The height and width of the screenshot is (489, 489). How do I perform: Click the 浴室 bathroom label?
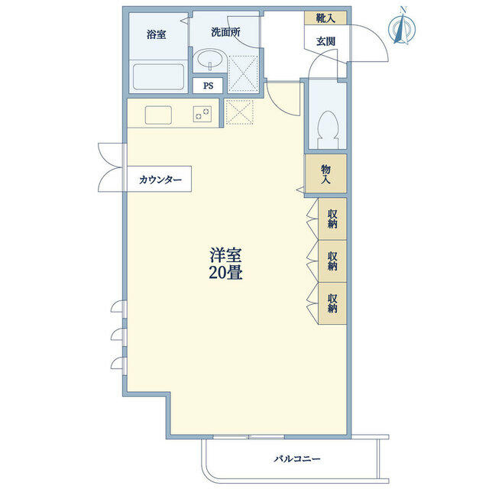pyautogui.click(x=156, y=34)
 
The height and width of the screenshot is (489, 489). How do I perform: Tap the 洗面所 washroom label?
pyautogui.click(x=225, y=32)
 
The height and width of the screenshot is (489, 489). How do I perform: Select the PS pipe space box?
pyautogui.click(x=208, y=86)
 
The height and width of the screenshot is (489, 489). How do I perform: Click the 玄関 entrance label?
pyautogui.click(x=326, y=41)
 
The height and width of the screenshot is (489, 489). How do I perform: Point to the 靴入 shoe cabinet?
pyautogui.click(x=325, y=18)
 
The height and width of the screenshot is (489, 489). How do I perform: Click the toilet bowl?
pyautogui.click(x=328, y=129)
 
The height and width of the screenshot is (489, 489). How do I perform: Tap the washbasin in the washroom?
pyautogui.click(x=209, y=60)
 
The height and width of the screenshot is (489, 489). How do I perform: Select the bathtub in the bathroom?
pyautogui.click(x=158, y=76)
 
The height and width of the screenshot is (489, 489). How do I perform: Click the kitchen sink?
pyautogui.click(x=158, y=115)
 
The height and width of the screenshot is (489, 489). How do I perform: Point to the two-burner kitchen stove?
pyautogui.click(x=202, y=114)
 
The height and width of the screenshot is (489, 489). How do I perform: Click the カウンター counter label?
pyautogui.click(x=160, y=180)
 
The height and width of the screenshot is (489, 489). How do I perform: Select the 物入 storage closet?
pyautogui.click(x=326, y=173)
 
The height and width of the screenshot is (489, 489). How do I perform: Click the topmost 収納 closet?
pyautogui.click(x=332, y=219)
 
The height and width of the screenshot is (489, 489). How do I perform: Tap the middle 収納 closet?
pyautogui.click(x=332, y=261)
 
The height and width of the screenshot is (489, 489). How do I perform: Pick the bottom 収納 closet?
pyautogui.click(x=332, y=303)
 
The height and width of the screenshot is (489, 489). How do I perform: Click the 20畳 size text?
pyautogui.click(x=225, y=273)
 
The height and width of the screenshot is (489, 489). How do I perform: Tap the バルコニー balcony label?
pyautogui.click(x=297, y=458)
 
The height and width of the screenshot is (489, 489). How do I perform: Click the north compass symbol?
pyautogui.click(x=402, y=29)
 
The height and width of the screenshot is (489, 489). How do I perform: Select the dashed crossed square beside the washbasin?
pyautogui.click(x=243, y=73)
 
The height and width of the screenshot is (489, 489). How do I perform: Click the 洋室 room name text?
pyautogui.click(x=225, y=254)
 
